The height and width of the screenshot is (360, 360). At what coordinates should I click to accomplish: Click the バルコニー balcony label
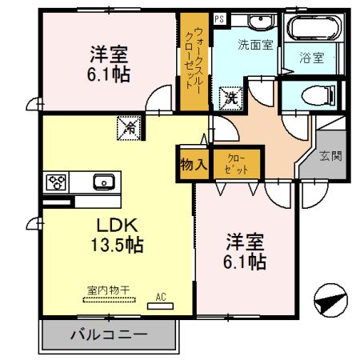(108, 334)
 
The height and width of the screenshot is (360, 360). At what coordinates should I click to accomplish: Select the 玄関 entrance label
(330, 155)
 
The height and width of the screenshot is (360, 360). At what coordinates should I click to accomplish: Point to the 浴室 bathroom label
(311, 58)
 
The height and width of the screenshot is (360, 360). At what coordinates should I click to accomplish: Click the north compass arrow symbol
(331, 302)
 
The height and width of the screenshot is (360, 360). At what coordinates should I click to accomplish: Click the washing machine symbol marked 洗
(230, 98)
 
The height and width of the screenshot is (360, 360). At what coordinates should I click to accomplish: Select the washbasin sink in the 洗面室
(261, 22)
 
